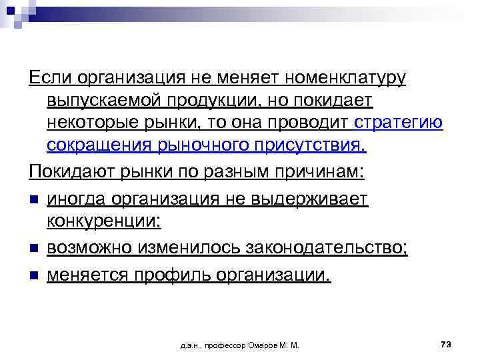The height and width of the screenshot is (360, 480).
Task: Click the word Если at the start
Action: (50, 79)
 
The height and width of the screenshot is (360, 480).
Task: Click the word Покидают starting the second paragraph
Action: (73, 172)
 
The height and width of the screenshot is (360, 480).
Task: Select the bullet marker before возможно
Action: (34, 249)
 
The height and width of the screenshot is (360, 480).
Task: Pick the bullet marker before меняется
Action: (34, 274)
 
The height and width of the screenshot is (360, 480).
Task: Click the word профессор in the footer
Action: (220, 345)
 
